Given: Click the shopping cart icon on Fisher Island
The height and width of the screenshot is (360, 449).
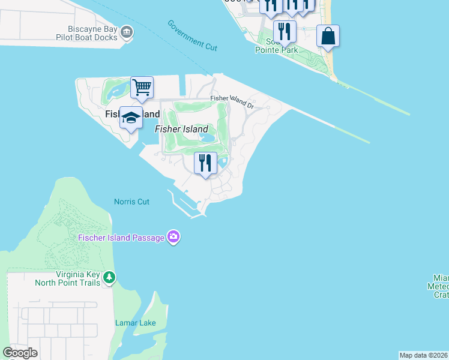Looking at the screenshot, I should tap(142, 88).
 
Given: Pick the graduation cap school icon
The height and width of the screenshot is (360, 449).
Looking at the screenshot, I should tap(131, 118).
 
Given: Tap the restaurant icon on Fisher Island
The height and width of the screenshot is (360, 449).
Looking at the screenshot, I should tap(205, 163).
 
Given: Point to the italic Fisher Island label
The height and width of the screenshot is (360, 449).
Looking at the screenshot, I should tap(181, 129).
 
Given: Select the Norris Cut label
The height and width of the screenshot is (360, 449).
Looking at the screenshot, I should tap(131, 202).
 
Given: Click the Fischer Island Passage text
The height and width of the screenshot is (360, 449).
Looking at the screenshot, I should tap(121, 238).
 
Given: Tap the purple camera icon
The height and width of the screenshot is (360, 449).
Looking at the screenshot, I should tap(173, 238).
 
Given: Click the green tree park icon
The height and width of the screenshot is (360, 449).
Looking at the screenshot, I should tap(109, 277).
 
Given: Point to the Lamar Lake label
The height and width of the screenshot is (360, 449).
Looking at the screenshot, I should tap(135, 323).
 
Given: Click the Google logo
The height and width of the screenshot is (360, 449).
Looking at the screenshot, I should tap(20, 353).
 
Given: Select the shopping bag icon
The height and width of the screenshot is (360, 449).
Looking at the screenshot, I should tap(328, 36).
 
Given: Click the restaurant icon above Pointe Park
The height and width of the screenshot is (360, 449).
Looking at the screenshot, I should tap(285, 31).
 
